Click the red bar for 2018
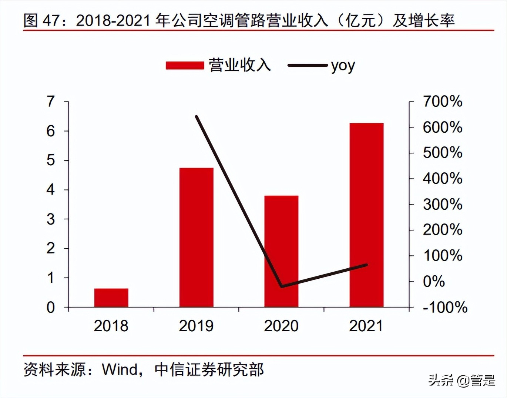coord(111,298)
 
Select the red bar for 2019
coord(196,237)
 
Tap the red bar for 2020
coord(281,251)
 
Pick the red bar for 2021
coord(366,215)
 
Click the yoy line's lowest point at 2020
coord(282,286)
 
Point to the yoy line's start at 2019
coord(197,117)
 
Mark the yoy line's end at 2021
coord(366,265)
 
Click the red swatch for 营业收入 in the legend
coord(185,66)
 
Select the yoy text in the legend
coord(343,66)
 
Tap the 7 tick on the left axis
coord(51,101)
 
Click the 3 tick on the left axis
coord(51,219)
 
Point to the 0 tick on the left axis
coord(51,307)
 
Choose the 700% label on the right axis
coord(443,101)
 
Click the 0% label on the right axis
coord(434,281)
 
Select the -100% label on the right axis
coord(445,307)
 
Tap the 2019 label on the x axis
coord(196,326)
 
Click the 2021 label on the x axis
coord(366,326)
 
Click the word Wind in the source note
coord(120,369)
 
